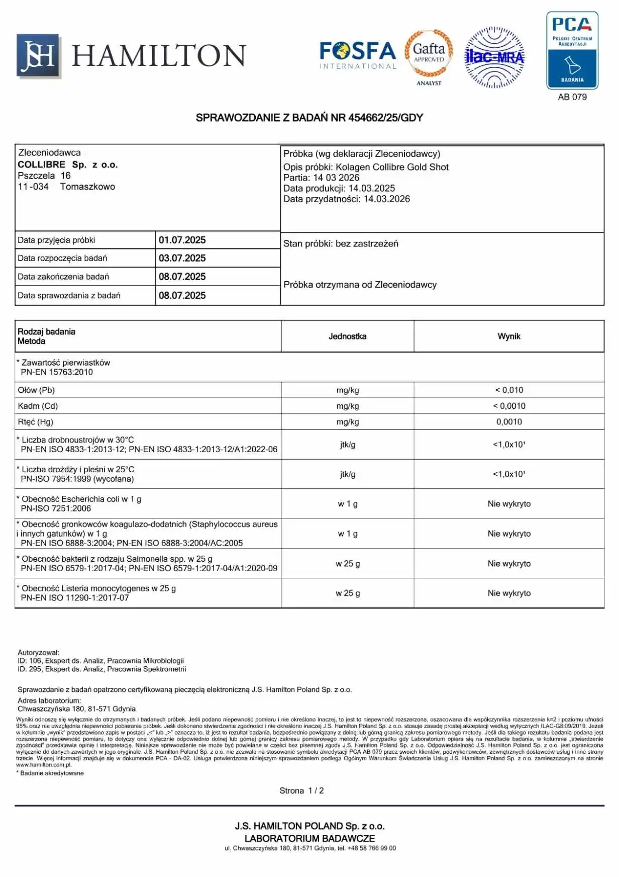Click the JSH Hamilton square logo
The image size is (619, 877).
coord(39,56)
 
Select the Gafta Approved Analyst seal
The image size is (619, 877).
coord(429,56)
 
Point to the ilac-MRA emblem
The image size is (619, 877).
coord(494,57)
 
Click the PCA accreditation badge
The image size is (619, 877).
coord(572,51)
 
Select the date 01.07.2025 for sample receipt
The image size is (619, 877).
coord(182,240)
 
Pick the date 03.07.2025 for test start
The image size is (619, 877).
coord(182,258)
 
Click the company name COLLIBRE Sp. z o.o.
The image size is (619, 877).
coord(68,165)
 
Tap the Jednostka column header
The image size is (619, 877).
coord(347,336)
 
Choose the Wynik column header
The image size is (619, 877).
coord(509,336)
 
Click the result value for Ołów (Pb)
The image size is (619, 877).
coord(509,390)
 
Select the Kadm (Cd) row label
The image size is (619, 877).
coord(38,406)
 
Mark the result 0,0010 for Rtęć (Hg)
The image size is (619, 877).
coord(509,422)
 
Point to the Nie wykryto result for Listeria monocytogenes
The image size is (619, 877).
coord(509,593)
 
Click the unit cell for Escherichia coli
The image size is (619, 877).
coord(347,504)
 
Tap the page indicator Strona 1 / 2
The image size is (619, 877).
coord(301,791)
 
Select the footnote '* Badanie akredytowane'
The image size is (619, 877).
coord(50,773)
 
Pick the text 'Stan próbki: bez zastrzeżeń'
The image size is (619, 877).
coord(341,244)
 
